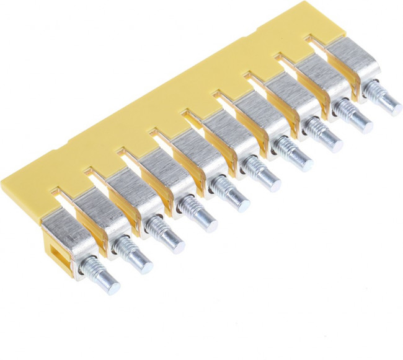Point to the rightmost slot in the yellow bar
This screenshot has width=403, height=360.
(x=316, y=42)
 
